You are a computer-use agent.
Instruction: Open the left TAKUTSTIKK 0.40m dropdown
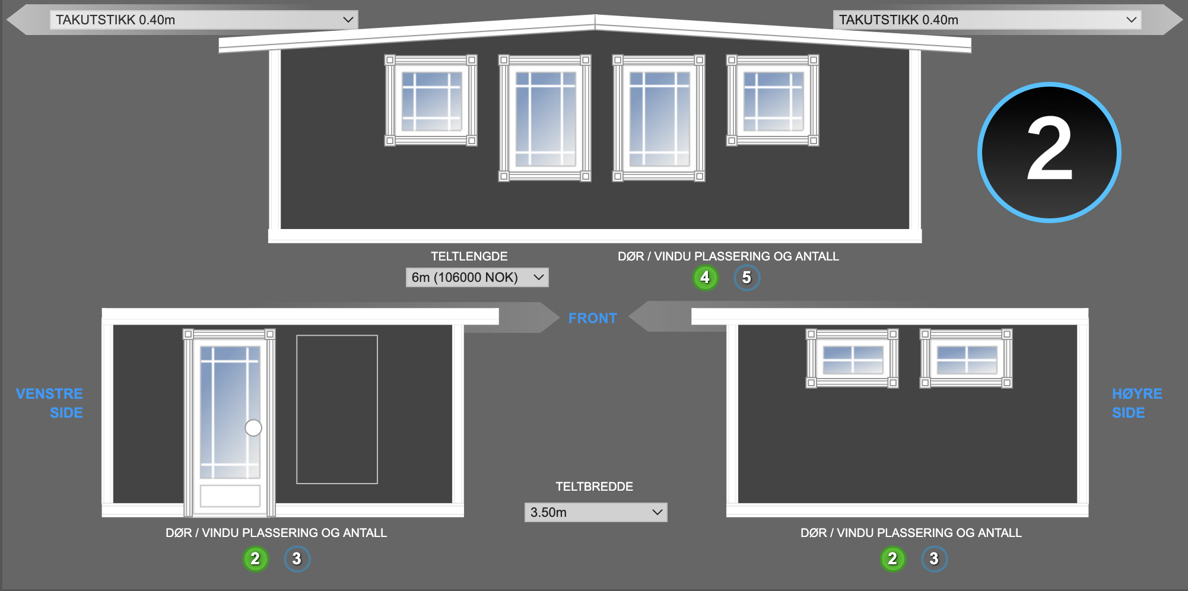pos(204,20)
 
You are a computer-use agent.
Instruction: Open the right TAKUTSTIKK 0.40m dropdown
pos(987,20)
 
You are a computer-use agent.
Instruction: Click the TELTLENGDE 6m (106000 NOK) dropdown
pos(477,277)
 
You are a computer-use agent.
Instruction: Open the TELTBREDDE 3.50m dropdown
pos(596,512)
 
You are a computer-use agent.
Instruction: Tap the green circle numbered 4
pos(705,277)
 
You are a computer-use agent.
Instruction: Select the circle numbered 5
pos(747,277)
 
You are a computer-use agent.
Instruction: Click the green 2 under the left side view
pos(255,558)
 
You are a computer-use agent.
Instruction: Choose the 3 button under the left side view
pos(297,558)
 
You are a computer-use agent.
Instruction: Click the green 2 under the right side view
pos(892,558)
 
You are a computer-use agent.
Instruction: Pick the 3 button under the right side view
pos(934,558)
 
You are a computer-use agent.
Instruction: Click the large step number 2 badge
pos(1049,152)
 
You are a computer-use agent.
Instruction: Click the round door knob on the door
pos(253,428)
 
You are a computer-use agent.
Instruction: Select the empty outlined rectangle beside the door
pos(337,409)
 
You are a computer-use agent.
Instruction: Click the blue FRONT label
pos(593,318)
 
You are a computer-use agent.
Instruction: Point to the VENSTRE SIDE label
pos(49,403)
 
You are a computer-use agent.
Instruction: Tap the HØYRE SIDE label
pos(1137,403)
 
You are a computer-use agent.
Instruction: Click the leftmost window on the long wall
pos(431,100)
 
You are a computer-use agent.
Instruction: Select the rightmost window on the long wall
pos(773,100)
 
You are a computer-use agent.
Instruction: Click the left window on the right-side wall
pos(852,358)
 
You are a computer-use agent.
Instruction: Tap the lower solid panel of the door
pos(230,496)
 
